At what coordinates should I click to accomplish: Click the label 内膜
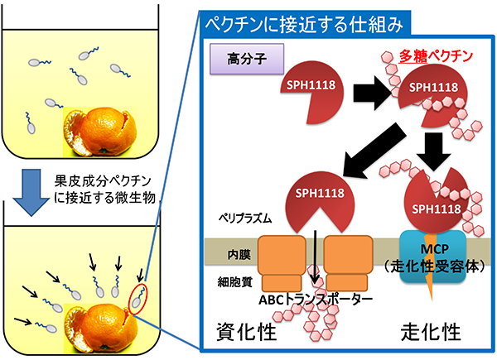coord(229,250)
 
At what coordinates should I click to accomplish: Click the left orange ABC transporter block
coord(282,257)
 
